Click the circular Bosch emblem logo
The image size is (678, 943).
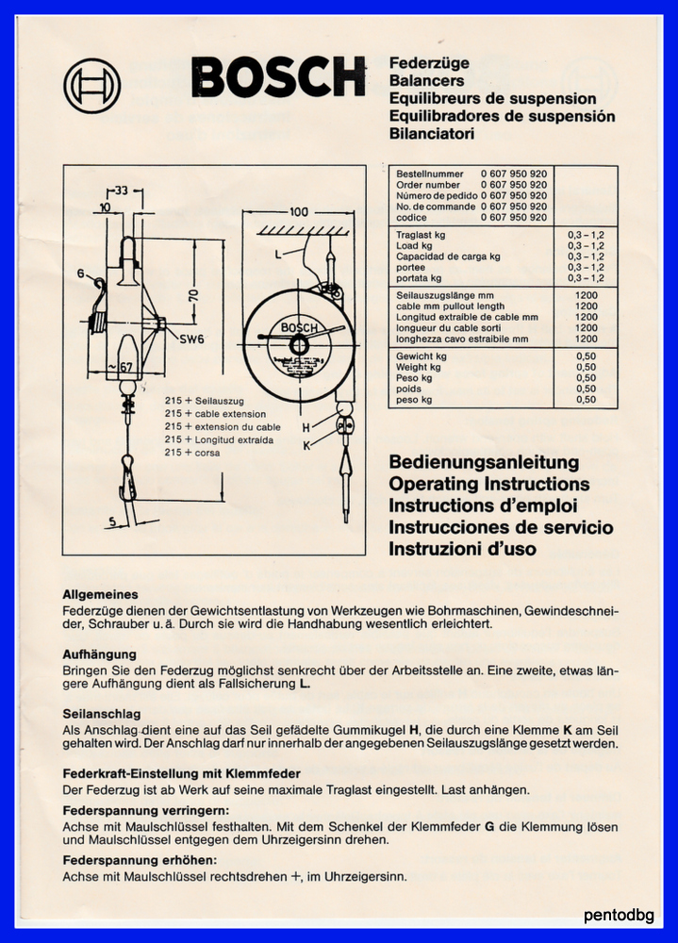(92, 86)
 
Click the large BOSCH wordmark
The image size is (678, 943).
(278, 77)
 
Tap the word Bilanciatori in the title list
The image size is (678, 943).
(431, 134)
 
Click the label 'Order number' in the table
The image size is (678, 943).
(428, 185)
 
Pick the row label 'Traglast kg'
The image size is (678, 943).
(421, 235)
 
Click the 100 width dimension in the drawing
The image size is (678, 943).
(298, 211)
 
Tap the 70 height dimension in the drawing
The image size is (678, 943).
(193, 295)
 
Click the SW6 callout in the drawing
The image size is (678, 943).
(192, 339)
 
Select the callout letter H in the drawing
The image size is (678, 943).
(306, 428)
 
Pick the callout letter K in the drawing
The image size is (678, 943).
(306, 446)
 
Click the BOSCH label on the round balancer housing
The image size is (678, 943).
(299, 328)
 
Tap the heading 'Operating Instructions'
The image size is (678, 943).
(489, 484)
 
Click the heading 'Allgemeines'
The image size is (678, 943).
(101, 594)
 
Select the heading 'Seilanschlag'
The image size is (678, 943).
(102, 714)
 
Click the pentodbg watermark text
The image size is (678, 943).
(619, 915)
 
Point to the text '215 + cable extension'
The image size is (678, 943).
(215, 414)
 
